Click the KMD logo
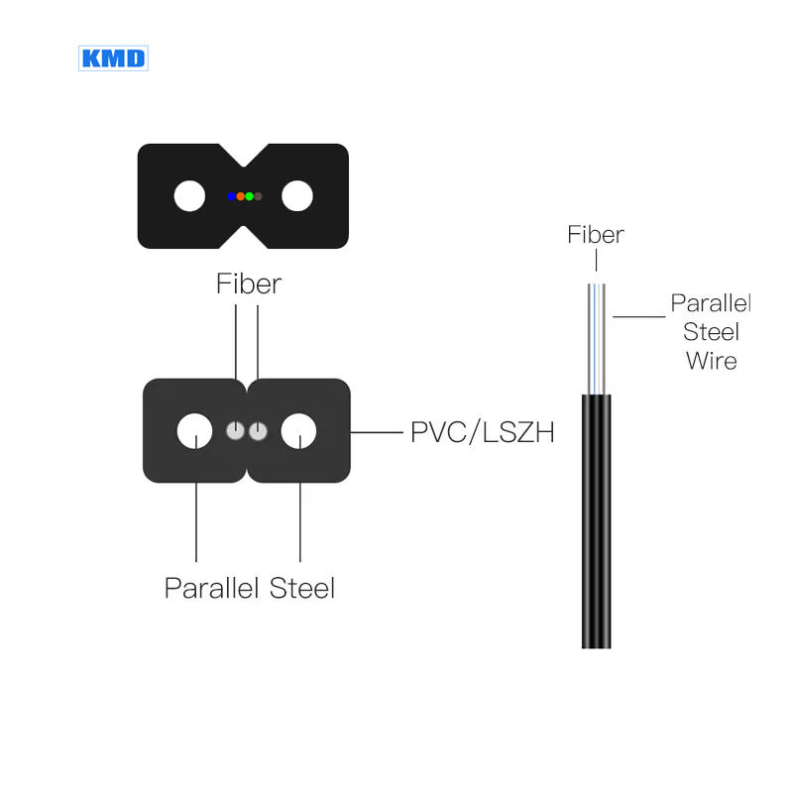click(113, 57)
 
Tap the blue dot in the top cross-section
click(231, 196)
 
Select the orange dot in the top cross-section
click(240, 196)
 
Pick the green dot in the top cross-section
click(249, 196)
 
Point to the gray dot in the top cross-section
click(258, 196)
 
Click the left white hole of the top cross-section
click(189, 196)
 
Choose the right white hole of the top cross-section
click(296, 196)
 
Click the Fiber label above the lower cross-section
click(249, 283)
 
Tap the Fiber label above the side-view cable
click(596, 235)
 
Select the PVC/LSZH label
click(482, 433)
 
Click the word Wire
click(712, 360)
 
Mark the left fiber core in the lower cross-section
click(236, 431)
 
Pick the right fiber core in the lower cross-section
click(258, 431)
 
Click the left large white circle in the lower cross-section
click(194, 431)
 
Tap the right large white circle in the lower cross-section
click(298, 431)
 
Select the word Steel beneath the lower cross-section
click(302, 588)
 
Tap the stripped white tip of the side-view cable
click(596, 337)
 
